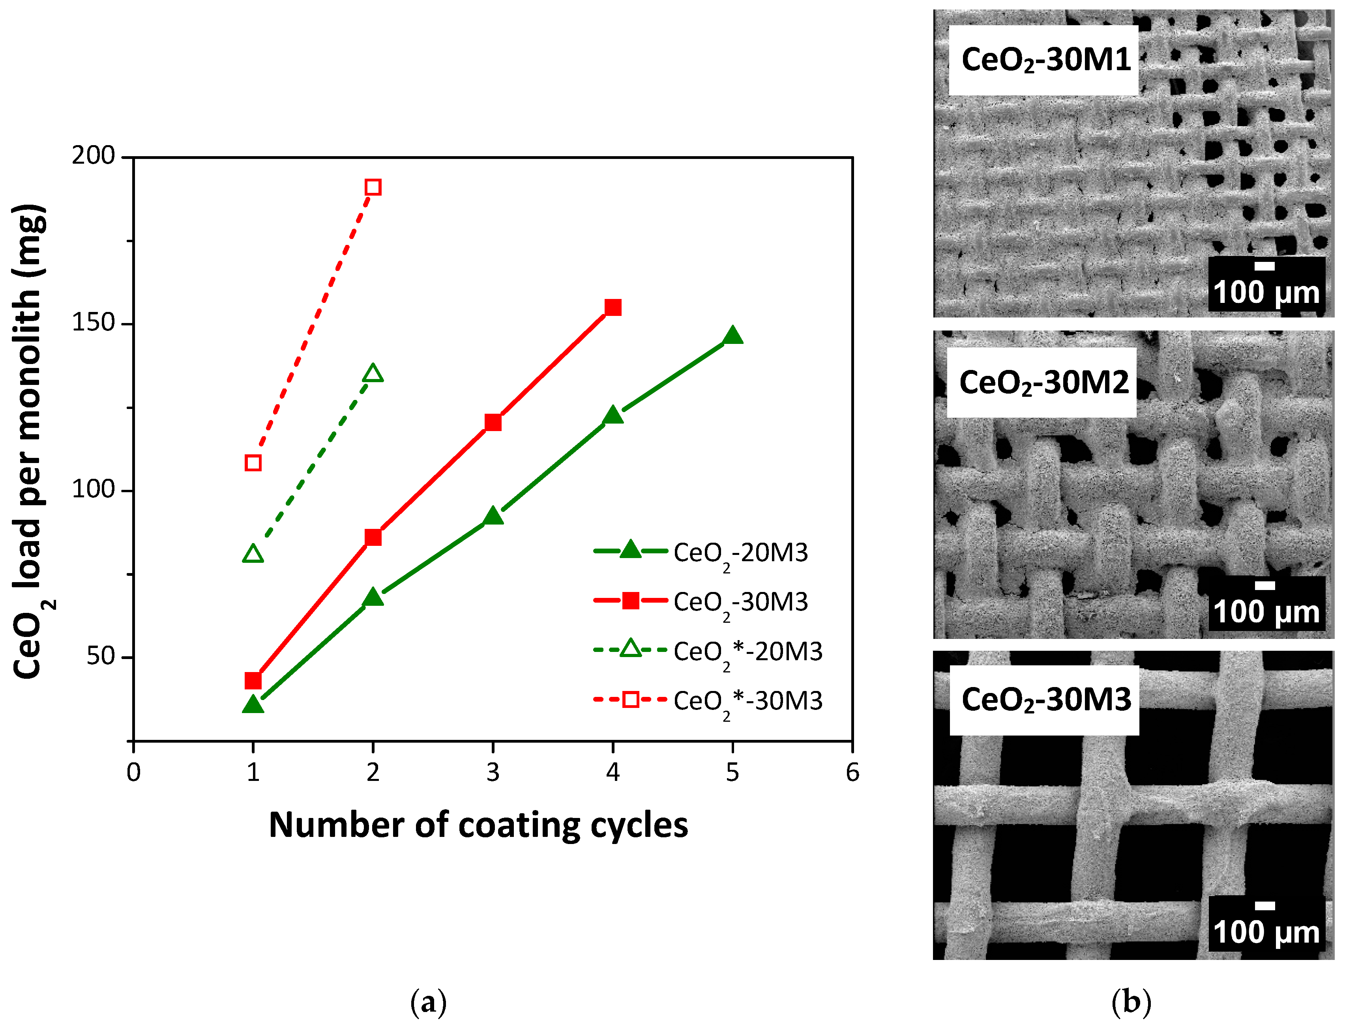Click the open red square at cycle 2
point(373,187)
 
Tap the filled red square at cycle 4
point(613,308)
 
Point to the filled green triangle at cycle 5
point(733,336)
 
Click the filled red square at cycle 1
point(253,680)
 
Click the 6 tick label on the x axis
point(852,773)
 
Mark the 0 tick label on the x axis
point(133,773)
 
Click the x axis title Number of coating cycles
point(478,825)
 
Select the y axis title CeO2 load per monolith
point(29,441)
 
